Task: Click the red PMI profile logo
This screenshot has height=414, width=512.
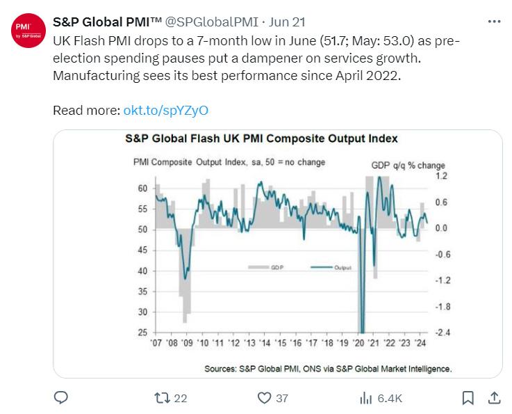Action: (28, 31)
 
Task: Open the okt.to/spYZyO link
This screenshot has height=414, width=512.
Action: (165, 111)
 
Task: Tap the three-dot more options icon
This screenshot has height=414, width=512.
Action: (494, 22)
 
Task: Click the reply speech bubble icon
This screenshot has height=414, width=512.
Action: (60, 398)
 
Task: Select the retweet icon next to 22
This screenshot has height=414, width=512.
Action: (162, 398)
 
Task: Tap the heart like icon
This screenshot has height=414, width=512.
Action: (264, 398)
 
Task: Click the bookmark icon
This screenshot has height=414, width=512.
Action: (468, 398)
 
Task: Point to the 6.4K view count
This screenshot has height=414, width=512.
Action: (390, 398)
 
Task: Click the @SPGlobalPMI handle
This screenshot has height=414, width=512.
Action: (212, 22)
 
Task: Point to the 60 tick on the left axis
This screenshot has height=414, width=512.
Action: (142, 189)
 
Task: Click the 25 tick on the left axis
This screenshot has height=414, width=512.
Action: (142, 333)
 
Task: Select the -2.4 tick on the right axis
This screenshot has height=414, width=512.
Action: (443, 333)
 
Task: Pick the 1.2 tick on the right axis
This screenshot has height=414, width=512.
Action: (441, 176)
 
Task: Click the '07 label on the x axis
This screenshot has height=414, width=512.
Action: (156, 343)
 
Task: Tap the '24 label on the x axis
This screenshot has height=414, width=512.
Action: (420, 343)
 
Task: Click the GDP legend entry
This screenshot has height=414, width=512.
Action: (266, 267)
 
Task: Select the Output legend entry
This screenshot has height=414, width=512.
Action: (331, 267)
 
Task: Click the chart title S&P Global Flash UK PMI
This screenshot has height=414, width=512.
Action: (261, 138)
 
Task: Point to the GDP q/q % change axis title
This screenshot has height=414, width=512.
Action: (408, 166)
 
